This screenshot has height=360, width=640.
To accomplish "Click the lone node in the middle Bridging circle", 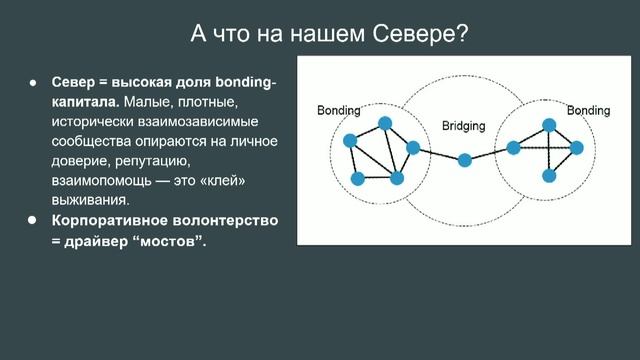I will pos(465,160).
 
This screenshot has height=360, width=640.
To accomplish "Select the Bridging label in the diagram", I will pos(463,126).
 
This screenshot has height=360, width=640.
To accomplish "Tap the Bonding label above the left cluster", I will pos(339,109).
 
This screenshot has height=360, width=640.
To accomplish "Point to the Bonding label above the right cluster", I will pos(588,109).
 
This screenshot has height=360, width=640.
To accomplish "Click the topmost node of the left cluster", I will pos(385,124).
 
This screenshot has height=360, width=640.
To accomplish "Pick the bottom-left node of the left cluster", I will pos(358,179).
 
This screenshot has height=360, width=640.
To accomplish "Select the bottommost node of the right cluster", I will pos(548,176).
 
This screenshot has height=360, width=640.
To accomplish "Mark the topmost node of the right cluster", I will pos(548,124).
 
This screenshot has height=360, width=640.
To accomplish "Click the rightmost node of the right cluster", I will pos(576,148).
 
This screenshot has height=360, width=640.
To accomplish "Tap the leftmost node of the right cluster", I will pos(513,148).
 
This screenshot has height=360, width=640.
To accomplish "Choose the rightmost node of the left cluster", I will pos(413,149).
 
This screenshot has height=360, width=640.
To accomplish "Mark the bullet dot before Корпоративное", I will pos(32,218).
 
